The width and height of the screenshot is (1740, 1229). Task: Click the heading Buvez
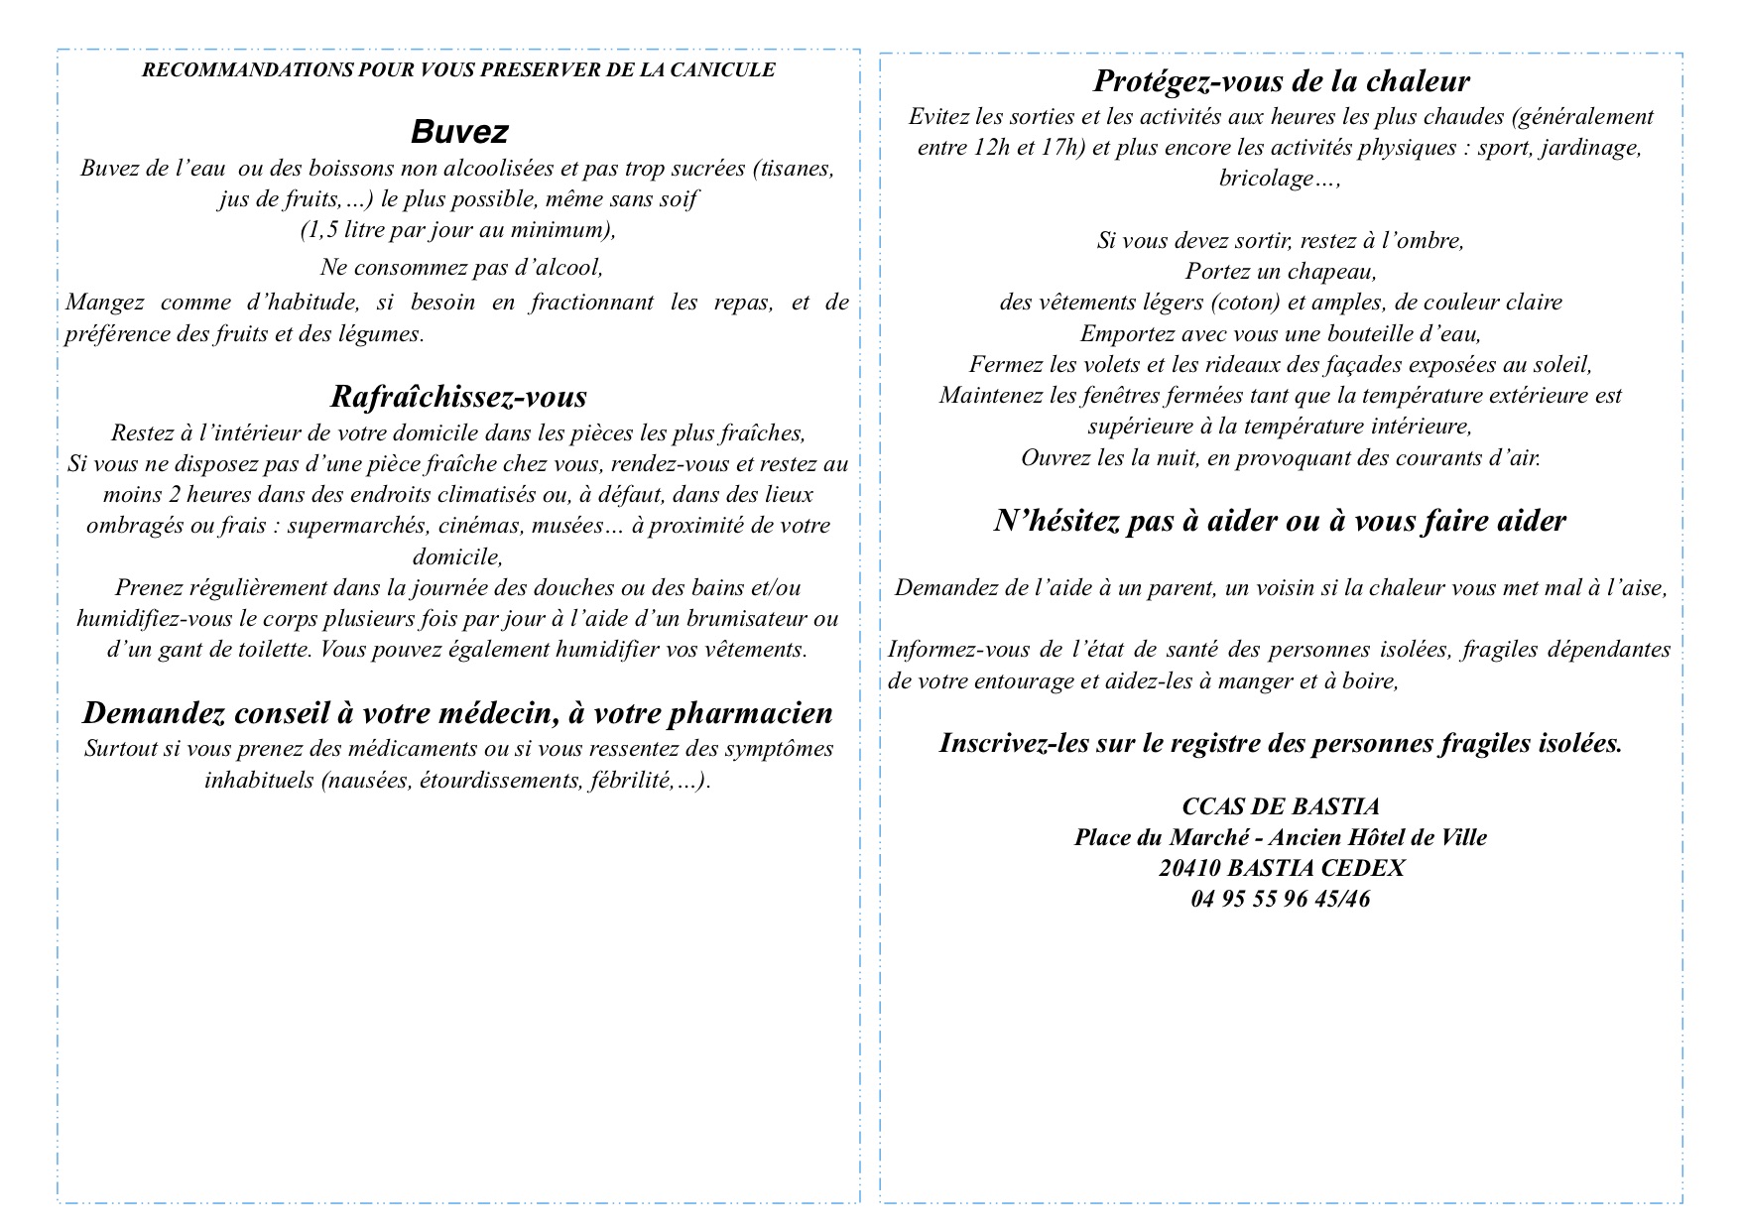coord(459,132)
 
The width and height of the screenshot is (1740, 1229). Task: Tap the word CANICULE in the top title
coord(728,70)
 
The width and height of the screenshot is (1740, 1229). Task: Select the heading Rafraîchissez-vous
coord(458,397)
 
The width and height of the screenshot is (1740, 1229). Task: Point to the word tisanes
coord(793,169)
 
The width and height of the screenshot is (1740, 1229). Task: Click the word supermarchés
coord(348,526)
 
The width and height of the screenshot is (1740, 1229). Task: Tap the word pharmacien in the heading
coord(749,713)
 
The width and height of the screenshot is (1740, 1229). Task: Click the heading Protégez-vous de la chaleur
coord(1281,81)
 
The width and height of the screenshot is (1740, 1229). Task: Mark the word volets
coord(1106,365)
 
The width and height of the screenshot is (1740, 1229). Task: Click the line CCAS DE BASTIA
coord(1281,807)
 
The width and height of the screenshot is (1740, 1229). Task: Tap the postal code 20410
coord(1189,869)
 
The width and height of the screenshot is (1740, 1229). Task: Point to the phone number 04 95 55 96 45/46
coord(1281,900)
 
